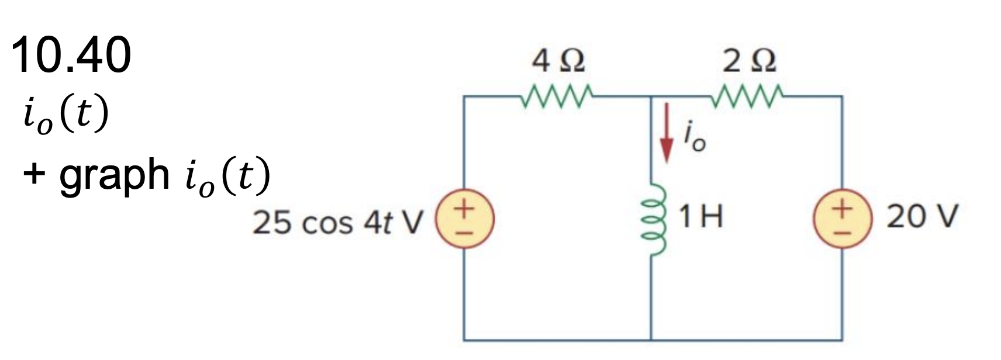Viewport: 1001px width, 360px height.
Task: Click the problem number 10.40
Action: [71, 55]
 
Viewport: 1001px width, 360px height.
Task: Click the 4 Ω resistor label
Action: [558, 60]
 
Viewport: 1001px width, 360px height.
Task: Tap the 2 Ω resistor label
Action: [750, 60]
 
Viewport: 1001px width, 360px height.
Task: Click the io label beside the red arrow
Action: [695, 139]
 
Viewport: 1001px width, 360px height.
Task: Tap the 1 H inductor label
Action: [700, 217]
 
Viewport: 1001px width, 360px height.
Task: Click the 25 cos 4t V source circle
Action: [464, 217]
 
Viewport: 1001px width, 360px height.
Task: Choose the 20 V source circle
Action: [842, 217]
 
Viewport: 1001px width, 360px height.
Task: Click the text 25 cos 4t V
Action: [337, 223]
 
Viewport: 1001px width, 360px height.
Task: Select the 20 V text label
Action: [922, 217]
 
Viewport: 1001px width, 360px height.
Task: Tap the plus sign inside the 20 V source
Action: [842, 207]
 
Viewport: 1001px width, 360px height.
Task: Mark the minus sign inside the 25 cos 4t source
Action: [464, 229]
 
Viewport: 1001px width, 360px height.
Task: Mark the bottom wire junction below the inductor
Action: [651, 339]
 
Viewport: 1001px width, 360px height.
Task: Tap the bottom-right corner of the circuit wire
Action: [842, 339]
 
